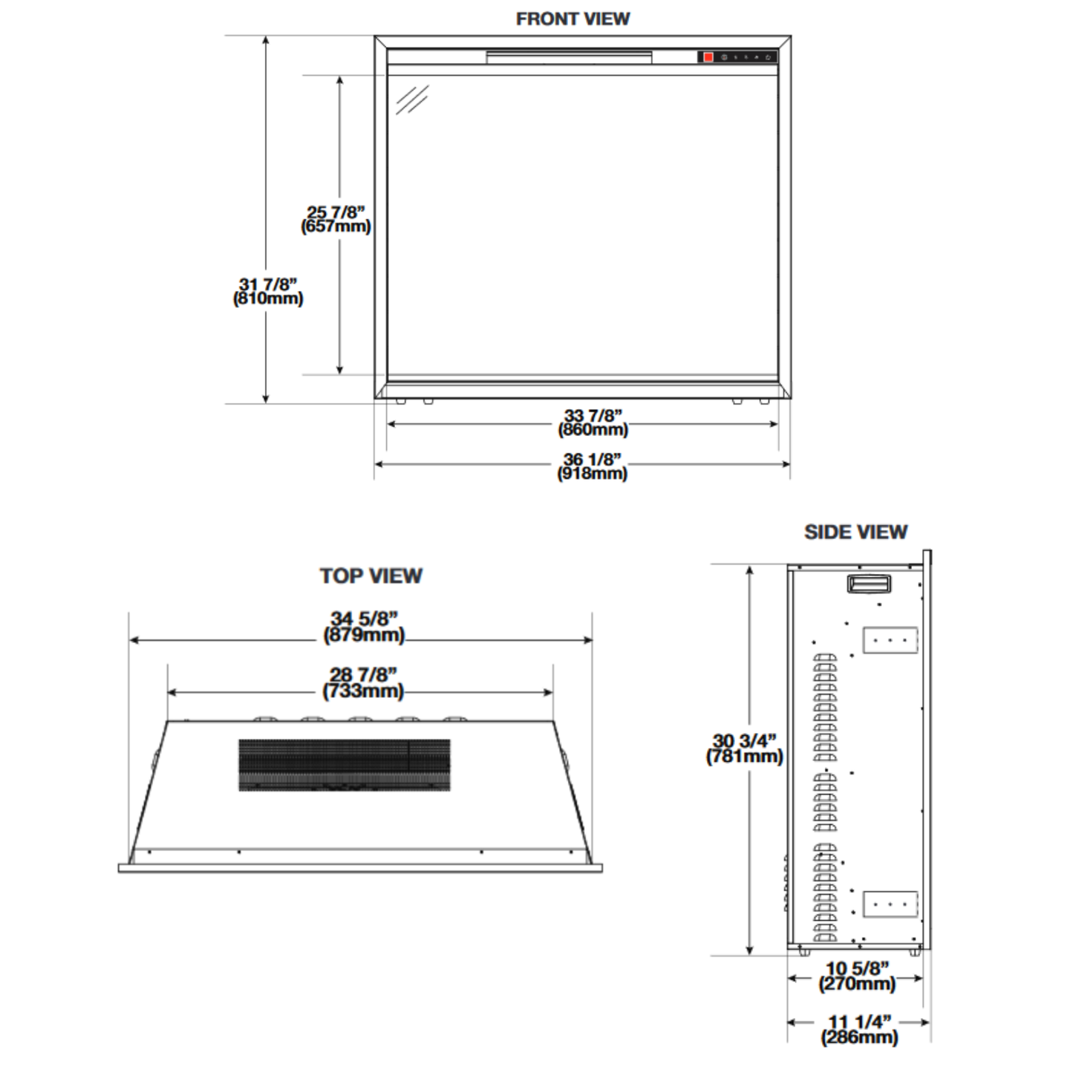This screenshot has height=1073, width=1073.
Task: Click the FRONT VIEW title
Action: pos(573,19)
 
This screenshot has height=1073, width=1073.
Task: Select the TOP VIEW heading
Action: pos(371,575)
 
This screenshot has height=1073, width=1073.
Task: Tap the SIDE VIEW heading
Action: pos(855,532)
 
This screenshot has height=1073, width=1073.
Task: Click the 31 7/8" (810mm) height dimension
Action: pos(268,291)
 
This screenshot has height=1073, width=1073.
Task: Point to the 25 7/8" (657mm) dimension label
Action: pos(336,220)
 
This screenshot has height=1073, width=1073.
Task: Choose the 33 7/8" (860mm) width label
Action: pos(593,423)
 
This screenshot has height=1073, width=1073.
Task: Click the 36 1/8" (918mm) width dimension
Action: pos(592,466)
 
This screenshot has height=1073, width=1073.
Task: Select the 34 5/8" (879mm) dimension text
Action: pos(364,627)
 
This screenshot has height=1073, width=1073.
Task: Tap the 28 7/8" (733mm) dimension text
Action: pos(363,682)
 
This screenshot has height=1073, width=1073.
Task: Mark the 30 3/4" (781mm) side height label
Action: pos(744,749)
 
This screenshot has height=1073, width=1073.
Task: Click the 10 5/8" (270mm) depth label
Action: pos(857,976)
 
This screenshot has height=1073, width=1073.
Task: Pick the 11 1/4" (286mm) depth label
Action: pos(859,1029)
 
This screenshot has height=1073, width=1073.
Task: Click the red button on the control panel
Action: pos(708,57)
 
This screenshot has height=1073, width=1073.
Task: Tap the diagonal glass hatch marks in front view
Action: pos(411,100)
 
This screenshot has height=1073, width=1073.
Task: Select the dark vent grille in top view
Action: pos(345,764)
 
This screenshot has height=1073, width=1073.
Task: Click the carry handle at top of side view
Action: pos(869,584)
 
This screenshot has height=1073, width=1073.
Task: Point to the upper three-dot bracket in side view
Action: pos(890,640)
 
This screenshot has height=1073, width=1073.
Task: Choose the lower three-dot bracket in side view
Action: pos(890,904)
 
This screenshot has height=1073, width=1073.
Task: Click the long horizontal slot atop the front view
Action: pos(569,56)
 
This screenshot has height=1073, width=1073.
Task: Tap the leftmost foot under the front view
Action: pos(401,402)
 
